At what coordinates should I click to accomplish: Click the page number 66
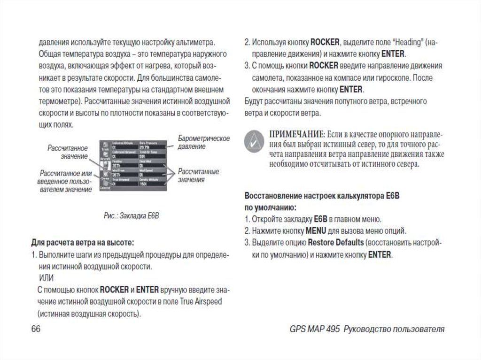(x=36, y=329)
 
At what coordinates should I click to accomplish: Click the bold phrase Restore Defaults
(x=336, y=243)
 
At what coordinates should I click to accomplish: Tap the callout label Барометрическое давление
(x=203, y=142)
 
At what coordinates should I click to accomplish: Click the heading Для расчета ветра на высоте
(x=83, y=243)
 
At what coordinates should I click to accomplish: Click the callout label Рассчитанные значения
(x=197, y=176)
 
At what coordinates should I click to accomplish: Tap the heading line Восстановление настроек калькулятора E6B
(x=322, y=195)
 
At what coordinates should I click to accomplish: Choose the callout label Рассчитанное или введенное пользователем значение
(x=66, y=181)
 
